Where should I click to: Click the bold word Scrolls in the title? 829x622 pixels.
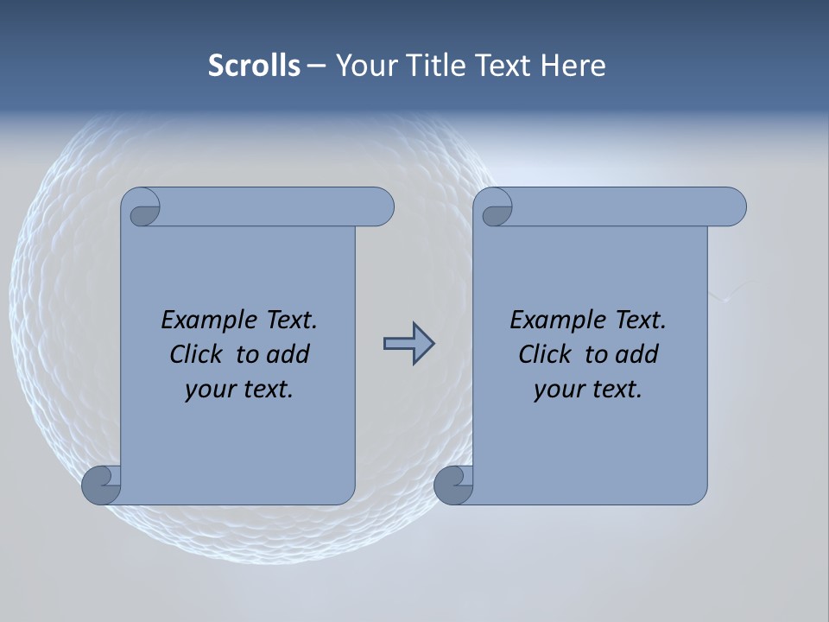click(254, 65)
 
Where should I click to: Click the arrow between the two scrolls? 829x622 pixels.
click(408, 344)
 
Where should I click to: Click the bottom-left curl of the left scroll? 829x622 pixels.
click(102, 485)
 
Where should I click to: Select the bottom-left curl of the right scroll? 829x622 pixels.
click(454, 485)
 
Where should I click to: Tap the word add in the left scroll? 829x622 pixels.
click(288, 354)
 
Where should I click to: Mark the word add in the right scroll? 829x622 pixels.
click(636, 354)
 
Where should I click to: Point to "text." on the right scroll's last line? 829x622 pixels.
click(615, 390)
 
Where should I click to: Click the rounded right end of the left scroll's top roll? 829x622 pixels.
click(380, 207)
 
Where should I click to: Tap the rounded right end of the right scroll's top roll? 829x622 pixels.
click(732, 207)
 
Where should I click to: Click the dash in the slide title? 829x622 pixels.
click(316, 66)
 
